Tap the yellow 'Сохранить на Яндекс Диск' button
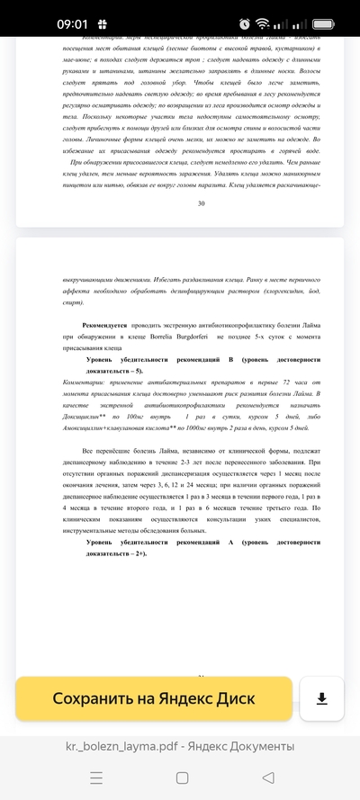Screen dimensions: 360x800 (154, 698)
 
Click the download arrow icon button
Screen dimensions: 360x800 (321, 698)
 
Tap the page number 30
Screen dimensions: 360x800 (201, 203)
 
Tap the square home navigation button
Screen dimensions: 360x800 (182, 777)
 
